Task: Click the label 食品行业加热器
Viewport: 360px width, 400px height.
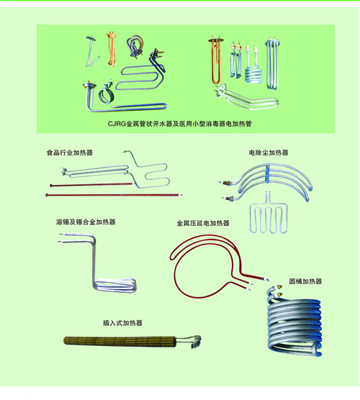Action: (69, 153)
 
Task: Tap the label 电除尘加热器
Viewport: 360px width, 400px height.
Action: (269, 153)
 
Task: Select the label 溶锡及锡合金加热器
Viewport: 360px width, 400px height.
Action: (86, 222)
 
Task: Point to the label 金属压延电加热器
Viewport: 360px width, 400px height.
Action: (203, 223)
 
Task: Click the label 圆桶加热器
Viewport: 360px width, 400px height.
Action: (305, 281)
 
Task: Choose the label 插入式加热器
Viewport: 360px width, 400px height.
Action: (122, 323)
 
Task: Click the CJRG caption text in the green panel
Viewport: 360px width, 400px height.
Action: (180, 124)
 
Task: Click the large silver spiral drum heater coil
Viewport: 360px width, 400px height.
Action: (294, 324)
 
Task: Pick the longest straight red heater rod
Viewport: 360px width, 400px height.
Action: (114, 195)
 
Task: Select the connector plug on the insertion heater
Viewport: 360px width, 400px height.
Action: (196, 342)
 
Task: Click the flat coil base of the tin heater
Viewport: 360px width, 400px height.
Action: (115, 286)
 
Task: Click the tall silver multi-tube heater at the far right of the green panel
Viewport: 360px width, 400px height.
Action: (272, 64)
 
